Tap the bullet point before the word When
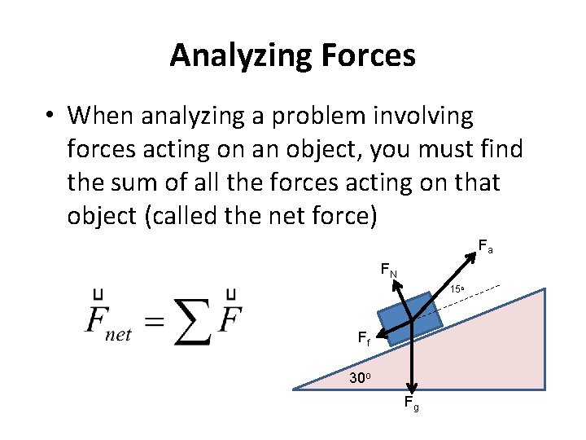point(50,117)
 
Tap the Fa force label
point(484,244)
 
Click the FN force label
point(388,270)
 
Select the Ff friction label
point(364,340)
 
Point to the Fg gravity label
point(411,403)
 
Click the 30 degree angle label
point(360,378)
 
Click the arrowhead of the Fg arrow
point(413,389)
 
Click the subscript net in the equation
point(118,334)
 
